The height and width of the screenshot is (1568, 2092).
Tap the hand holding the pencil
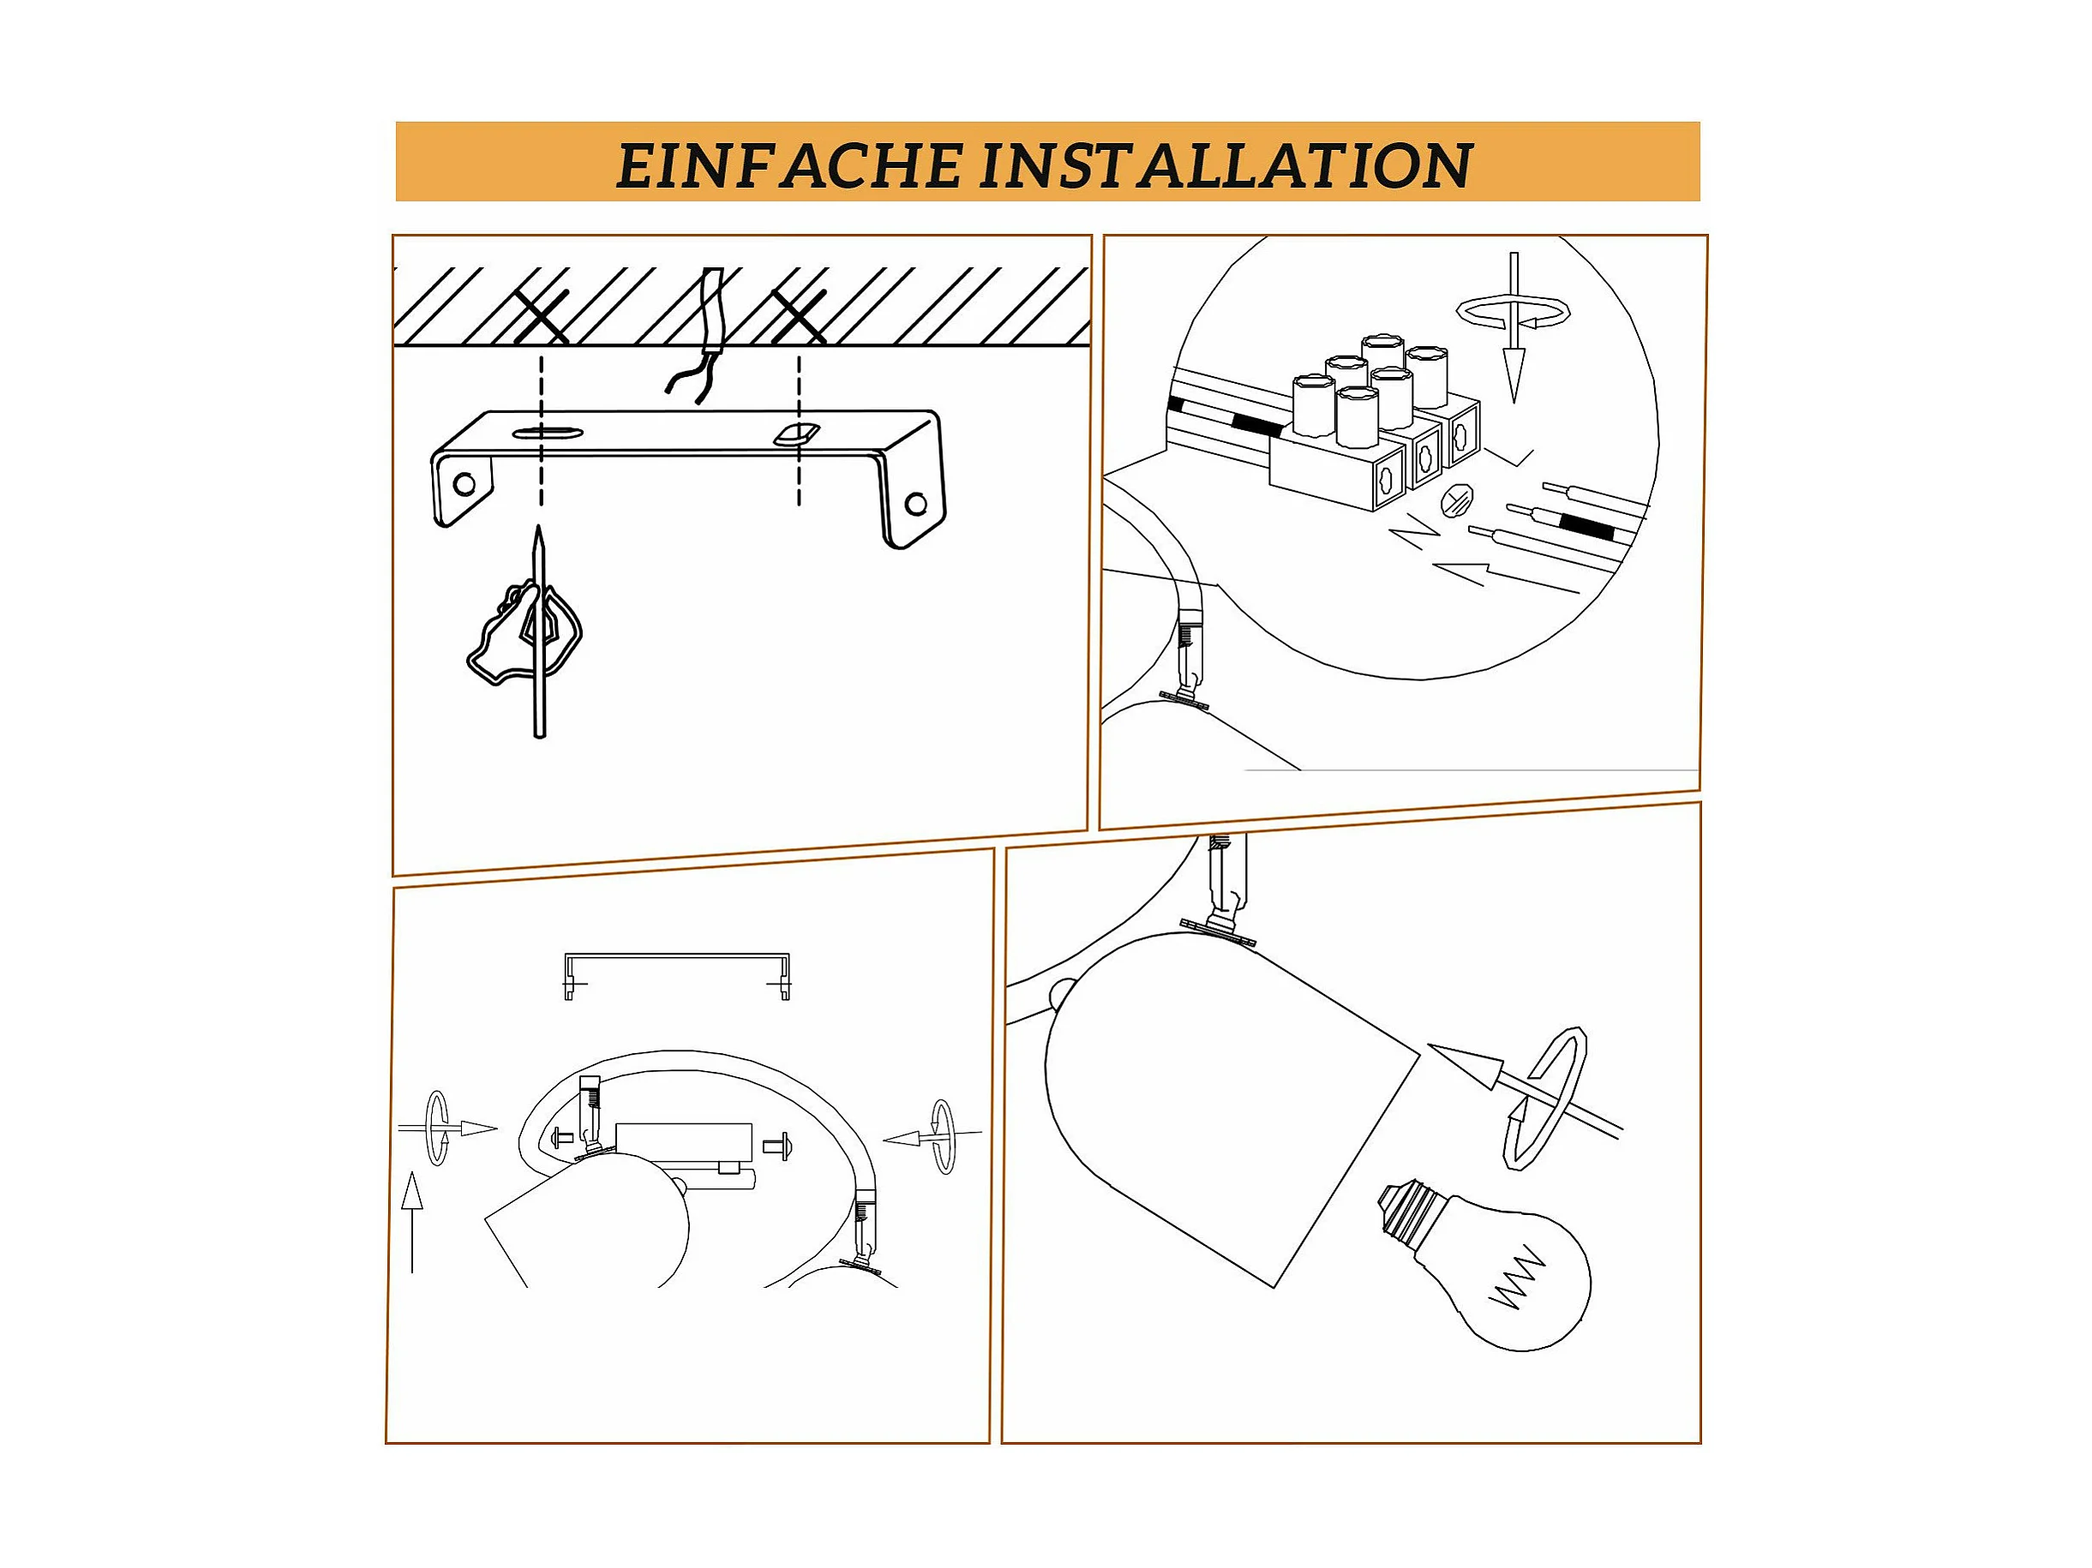pos(523,631)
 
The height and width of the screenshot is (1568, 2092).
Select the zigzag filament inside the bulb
pos(1516,1279)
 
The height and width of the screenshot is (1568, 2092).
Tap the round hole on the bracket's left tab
pos(465,484)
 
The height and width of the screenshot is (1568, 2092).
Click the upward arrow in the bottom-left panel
pos(411,1222)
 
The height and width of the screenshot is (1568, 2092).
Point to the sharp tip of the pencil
pos(539,528)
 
